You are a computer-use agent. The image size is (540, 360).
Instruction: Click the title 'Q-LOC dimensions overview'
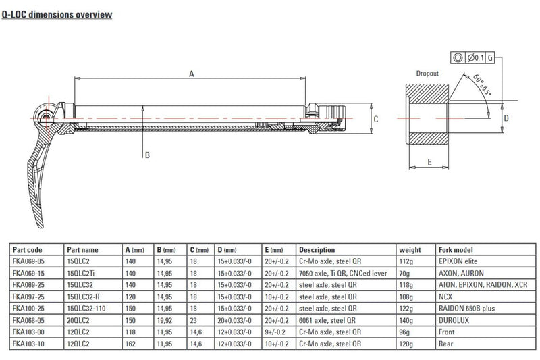[56, 14]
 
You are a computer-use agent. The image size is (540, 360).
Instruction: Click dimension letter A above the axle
[191, 74]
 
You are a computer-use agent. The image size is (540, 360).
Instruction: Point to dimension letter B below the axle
[146, 155]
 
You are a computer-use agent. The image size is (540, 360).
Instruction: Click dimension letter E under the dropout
[429, 161]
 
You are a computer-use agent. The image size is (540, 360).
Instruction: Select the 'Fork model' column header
[453, 249]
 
